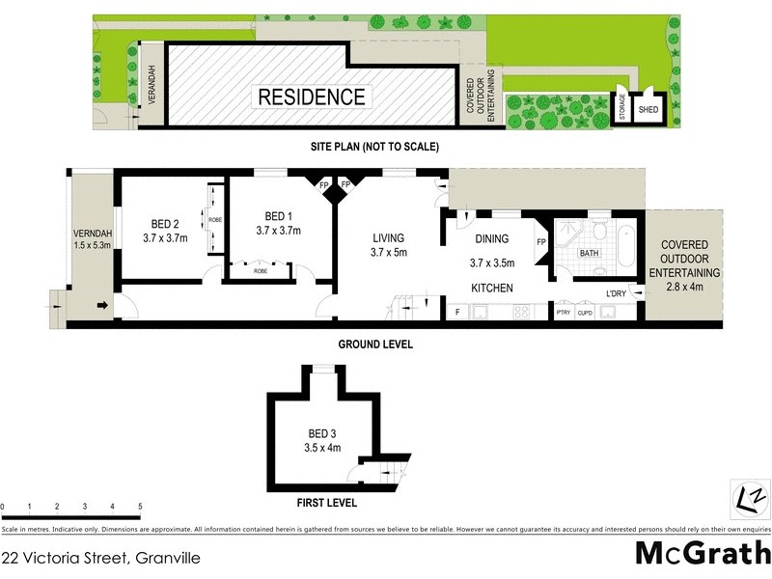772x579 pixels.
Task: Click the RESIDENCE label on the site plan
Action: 311,97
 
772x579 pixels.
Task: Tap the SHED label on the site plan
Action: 648,109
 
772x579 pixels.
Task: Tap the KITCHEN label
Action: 491,288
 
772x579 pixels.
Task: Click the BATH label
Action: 590,253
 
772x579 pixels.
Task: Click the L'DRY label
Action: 616,293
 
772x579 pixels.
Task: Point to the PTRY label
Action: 564,313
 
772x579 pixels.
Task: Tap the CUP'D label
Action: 585,313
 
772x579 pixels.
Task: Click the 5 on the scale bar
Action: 140,507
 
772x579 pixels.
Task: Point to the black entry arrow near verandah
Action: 100,308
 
